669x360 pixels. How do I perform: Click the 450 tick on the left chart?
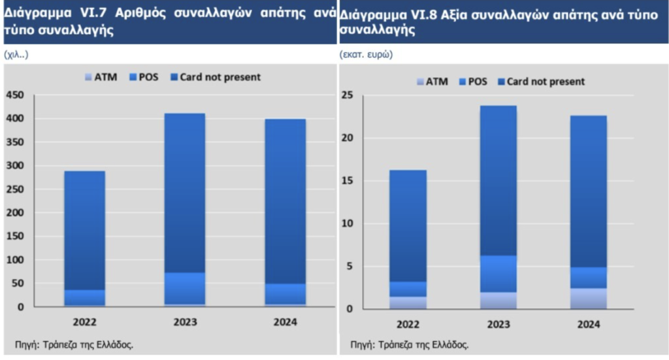click(15, 95)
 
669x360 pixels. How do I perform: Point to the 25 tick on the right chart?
click(348, 96)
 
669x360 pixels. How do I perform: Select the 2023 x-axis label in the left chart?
click(184, 322)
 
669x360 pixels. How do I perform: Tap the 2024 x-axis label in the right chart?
click(588, 325)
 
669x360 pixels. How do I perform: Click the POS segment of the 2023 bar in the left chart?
click(184, 288)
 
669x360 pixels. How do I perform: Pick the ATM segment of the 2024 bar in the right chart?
click(588, 299)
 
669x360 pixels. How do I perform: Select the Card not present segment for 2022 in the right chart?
click(408, 225)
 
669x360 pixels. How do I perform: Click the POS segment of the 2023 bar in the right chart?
click(498, 274)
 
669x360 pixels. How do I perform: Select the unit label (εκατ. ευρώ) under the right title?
click(366, 54)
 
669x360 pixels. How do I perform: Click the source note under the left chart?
click(74, 344)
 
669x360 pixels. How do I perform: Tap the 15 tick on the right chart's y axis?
click(348, 181)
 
